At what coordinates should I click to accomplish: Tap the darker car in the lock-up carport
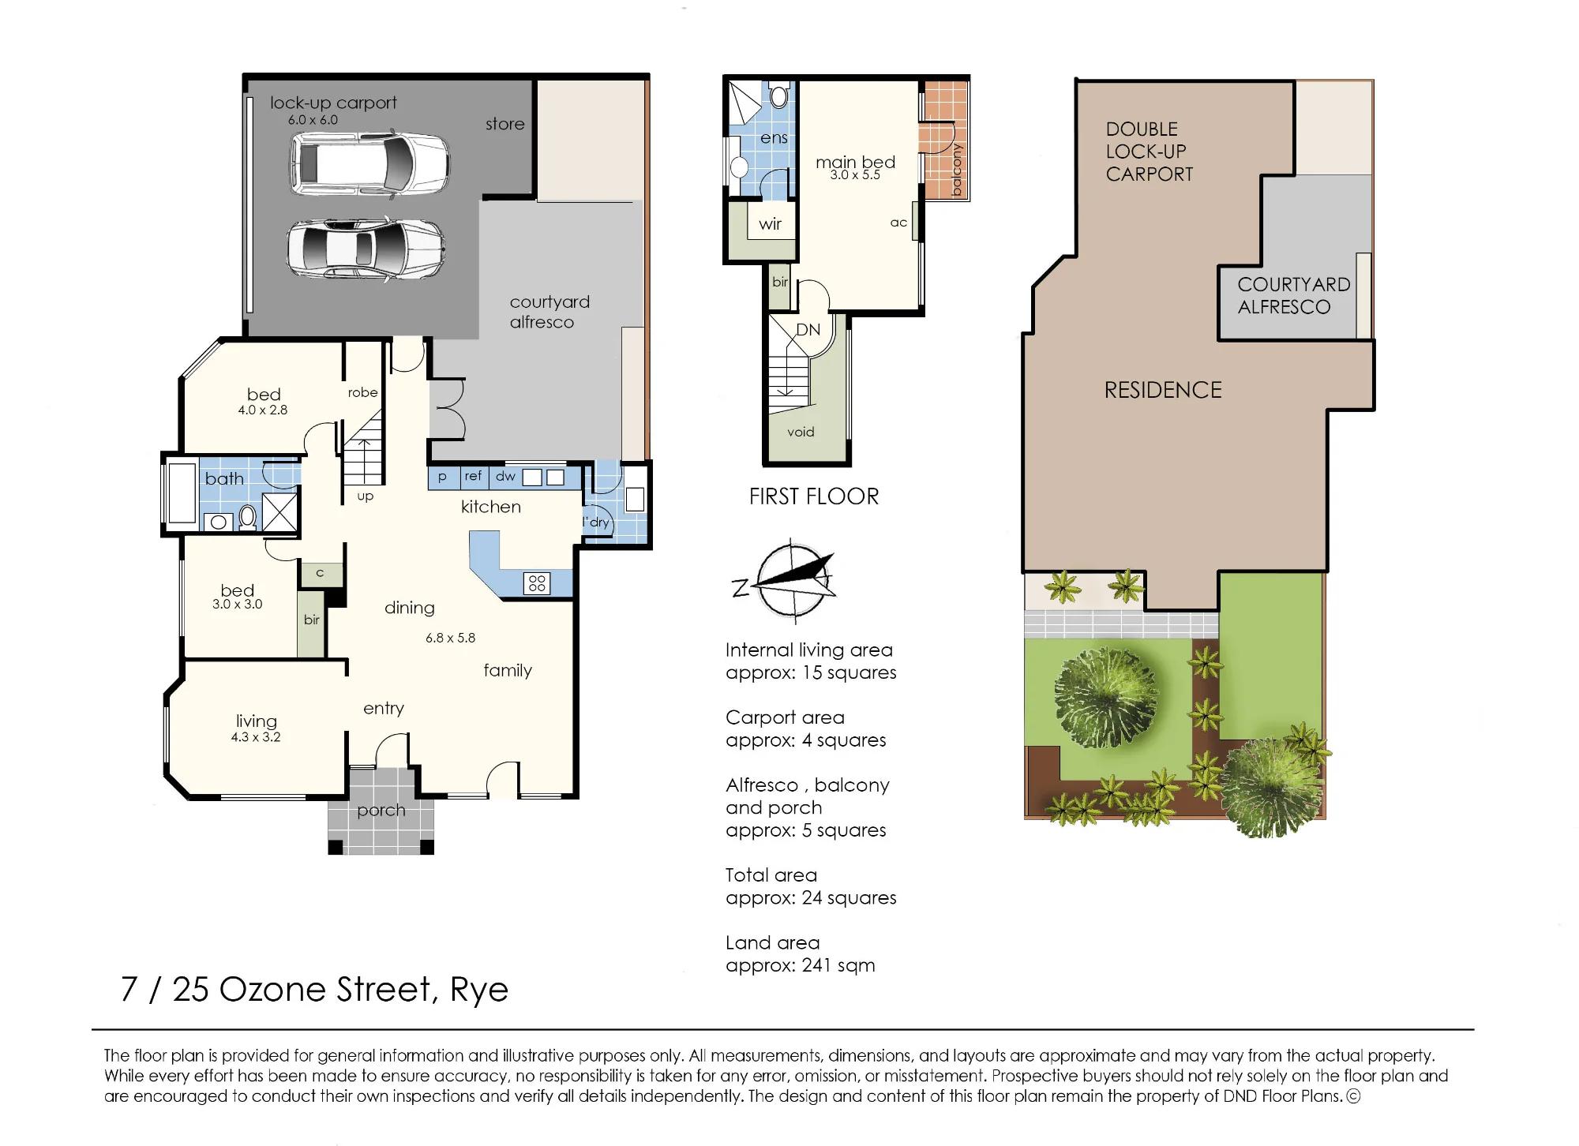(366, 249)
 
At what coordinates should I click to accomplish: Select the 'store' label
(505, 124)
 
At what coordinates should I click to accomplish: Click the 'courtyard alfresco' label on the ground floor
(549, 312)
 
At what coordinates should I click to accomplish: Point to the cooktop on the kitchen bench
(537, 583)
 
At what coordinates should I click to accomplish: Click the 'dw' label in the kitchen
(505, 476)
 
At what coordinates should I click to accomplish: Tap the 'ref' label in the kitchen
(473, 475)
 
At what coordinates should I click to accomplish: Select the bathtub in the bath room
(182, 493)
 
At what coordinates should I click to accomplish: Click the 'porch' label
(381, 811)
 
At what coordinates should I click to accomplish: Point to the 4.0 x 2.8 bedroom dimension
(263, 410)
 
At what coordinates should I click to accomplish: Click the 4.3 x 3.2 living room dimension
(256, 737)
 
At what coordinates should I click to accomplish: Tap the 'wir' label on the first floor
(771, 224)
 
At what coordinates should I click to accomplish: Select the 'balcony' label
(957, 170)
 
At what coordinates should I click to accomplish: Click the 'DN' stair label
(808, 330)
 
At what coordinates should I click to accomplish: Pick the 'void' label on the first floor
(801, 432)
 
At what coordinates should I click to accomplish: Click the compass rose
(792, 581)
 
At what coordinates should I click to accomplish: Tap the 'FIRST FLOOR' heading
(814, 496)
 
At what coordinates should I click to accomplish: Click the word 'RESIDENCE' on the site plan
(1163, 390)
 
